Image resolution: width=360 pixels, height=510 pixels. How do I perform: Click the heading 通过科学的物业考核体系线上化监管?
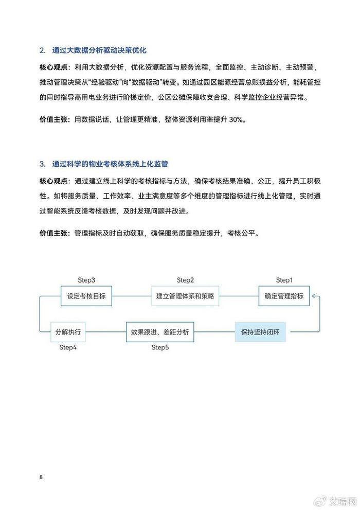[x=110, y=164]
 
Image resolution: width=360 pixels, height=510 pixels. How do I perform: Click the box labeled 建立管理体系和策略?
[x=185, y=296]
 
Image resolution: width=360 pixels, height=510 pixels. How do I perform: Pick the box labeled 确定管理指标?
[x=284, y=296]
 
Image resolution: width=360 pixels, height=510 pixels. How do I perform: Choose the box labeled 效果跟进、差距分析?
[x=160, y=332]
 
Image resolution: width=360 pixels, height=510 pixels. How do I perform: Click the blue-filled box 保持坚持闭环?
[x=261, y=332]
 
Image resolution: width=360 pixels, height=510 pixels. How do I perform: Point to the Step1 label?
[x=284, y=280]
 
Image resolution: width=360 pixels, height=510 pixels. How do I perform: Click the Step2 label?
[x=185, y=280]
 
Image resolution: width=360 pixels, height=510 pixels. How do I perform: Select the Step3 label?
[x=86, y=280]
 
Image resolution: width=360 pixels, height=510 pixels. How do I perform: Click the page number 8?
[x=41, y=477]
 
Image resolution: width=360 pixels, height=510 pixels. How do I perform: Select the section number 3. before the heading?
[x=43, y=164]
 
